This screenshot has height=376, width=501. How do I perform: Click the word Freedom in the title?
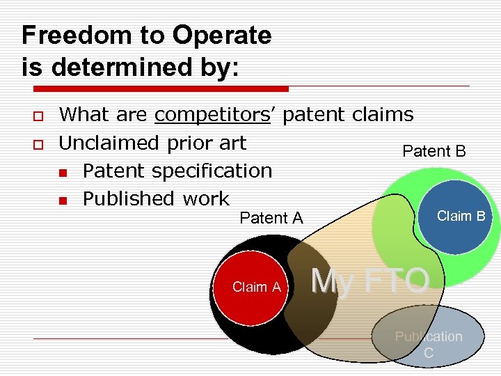(68, 36)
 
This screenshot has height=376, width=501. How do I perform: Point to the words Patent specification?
(177, 171)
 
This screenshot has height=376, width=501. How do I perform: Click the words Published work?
(155, 198)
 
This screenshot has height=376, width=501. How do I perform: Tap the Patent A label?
(271, 218)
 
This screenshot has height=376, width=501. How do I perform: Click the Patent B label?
(434, 151)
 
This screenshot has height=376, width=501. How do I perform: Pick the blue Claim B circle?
(456, 217)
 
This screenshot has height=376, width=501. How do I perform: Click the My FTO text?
(370, 281)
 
